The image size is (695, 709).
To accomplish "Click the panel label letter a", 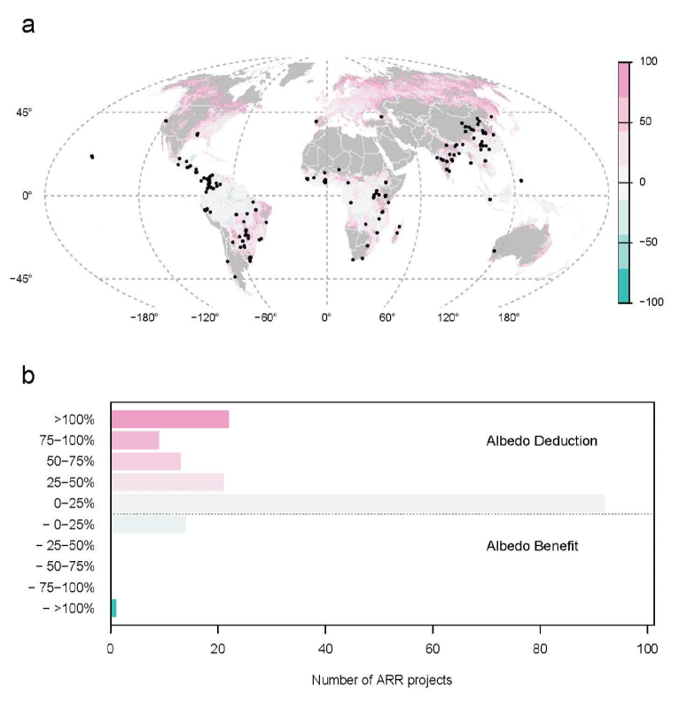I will [29, 24].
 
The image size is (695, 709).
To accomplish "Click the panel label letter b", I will [29, 376].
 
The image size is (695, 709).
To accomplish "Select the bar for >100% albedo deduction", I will [169, 419].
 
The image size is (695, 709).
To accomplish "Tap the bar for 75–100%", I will [135, 440].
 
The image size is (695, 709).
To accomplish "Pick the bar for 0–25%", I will [357, 503].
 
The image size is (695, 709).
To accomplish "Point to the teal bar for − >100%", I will [113, 608].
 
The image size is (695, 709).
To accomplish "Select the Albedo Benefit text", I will [532, 546].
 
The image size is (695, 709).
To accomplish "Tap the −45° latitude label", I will [30, 278].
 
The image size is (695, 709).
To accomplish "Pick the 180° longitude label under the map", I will [508, 317].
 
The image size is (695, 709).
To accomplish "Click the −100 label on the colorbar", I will [652, 303].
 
